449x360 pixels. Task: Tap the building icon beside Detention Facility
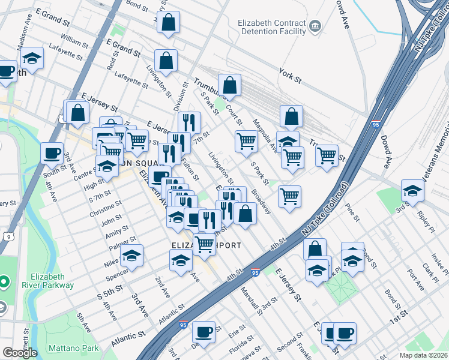click(315, 27)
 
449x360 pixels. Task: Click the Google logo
click(19, 352)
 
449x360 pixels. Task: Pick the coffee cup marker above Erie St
click(203, 331)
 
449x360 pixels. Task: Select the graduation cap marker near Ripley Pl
click(412, 190)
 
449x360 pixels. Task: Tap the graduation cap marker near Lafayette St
click(32, 58)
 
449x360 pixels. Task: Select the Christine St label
click(106, 209)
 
